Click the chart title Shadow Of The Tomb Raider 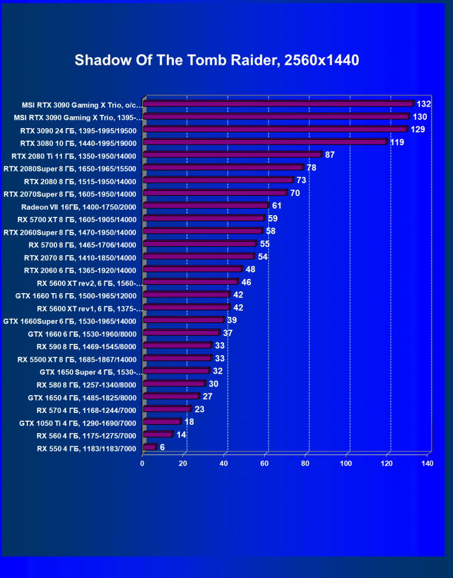(217, 60)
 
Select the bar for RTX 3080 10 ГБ (265, 142)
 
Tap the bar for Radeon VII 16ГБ (206, 206)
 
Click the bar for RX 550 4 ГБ (150, 447)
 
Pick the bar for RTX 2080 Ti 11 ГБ (232, 154)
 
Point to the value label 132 (423, 104)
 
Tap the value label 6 (162, 447)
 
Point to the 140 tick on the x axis (427, 463)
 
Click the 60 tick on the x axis (265, 463)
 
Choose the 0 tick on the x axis (142, 463)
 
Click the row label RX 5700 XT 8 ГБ (77, 219)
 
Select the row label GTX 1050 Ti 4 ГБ (78, 423)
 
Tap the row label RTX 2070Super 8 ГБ (70, 194)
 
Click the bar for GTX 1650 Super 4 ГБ (176, 371)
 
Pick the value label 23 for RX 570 (200, 409)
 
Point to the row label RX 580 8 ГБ (87, 384)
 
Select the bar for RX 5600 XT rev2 (190, 281)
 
